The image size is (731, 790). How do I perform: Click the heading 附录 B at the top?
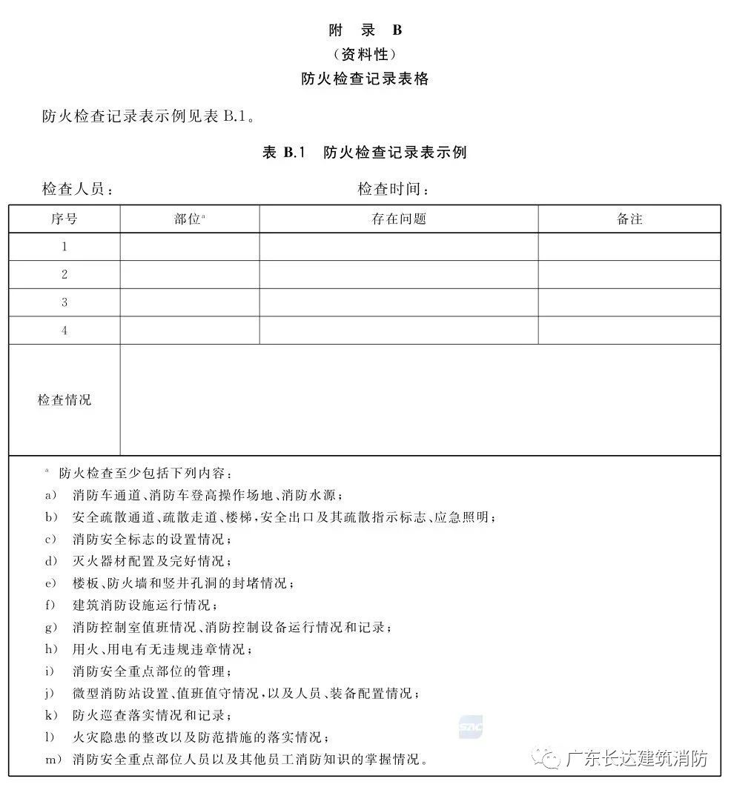365,30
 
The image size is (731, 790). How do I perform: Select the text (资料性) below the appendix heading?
365,54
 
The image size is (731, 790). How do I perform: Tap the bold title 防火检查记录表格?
365,79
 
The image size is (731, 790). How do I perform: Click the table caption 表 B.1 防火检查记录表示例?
365,153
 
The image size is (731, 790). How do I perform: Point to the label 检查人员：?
78,190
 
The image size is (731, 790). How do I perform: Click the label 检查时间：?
394,190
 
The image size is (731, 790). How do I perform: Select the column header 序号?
64,219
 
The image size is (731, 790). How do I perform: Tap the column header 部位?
188,219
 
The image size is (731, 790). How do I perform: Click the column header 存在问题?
399,219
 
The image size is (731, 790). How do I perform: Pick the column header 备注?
629,219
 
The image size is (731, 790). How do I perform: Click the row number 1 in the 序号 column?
64,247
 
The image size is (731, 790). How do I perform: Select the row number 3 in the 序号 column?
64,302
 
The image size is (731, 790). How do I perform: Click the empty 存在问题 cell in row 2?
399,274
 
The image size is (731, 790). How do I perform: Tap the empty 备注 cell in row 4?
629,331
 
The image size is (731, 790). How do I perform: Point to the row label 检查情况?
64,400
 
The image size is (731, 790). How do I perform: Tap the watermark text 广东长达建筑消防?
636,759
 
